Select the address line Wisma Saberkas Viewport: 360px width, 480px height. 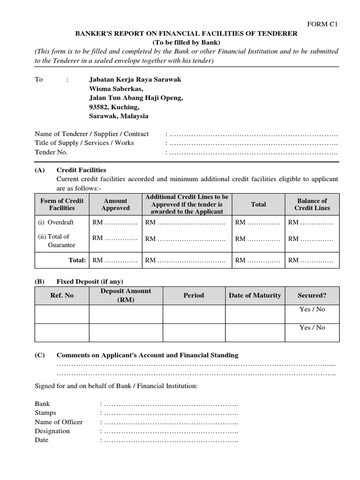(x=116, y=89)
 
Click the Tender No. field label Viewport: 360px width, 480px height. (x=51, y=152)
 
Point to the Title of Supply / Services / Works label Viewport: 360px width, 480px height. (x=84, y=143)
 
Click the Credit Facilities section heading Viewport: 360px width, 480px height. (x=81, y=170)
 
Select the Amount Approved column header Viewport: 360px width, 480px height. (x=115, y=204)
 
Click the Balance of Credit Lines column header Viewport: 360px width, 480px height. (x=312, y=204)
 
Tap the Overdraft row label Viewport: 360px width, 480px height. (x=56, y=222)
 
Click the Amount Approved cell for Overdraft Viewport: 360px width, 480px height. (x=115, y=222)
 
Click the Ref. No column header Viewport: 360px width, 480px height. (x=62, y=295)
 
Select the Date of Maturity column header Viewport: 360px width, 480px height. (x=255, y=295)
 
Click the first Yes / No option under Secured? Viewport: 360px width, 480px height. (x=312, y=309)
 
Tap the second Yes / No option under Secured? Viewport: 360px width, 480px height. (x=312, y=328)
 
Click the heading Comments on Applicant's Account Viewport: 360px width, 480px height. (x=147, y=355)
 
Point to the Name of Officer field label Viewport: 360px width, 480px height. (x=59, y=422)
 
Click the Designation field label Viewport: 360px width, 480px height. (x=52, y=431)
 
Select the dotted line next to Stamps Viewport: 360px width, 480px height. (x=171, y=413)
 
